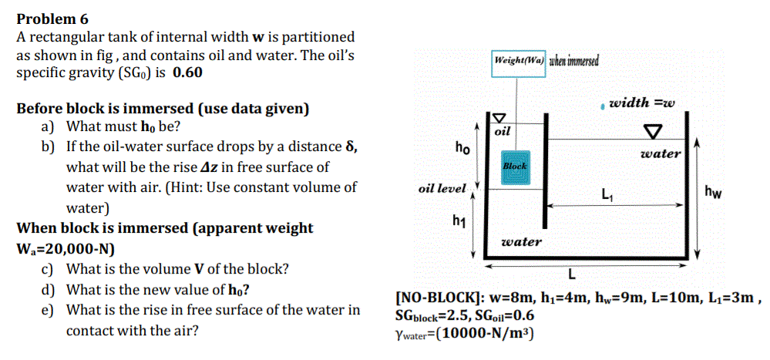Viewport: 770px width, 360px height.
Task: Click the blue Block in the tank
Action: coord(514,166)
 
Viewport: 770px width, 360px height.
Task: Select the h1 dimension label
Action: coord(460,222)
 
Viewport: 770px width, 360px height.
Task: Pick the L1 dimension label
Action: coord(607,195)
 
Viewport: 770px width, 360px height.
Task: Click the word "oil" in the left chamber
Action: coord(503,132)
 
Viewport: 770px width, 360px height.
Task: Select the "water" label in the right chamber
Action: coord(661,153)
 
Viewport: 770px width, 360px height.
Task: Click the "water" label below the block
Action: coord(521,242)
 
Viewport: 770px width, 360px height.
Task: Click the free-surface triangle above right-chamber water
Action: coord(655,129)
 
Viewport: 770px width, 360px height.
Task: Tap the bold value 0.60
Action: coord(189,73)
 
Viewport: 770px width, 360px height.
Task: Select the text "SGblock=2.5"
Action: coord(428,315)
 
